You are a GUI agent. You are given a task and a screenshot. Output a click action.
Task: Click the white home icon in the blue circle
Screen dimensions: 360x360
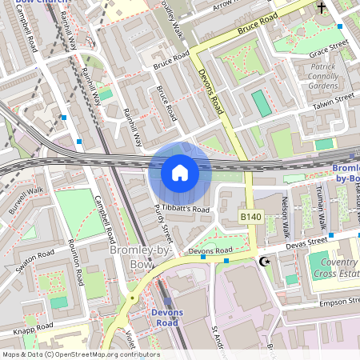pos(180,173)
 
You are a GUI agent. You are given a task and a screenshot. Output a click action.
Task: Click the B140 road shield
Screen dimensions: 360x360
pos(251,217)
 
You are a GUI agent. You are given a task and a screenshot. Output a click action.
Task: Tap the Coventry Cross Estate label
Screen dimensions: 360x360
pos(334,267)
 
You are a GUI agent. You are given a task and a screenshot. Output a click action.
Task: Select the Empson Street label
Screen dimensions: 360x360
pos(336,302)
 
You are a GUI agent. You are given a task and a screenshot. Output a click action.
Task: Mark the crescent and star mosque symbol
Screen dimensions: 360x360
pos(265,262)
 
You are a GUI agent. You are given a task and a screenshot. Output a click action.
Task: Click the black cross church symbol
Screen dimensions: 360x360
pos(322,8)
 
